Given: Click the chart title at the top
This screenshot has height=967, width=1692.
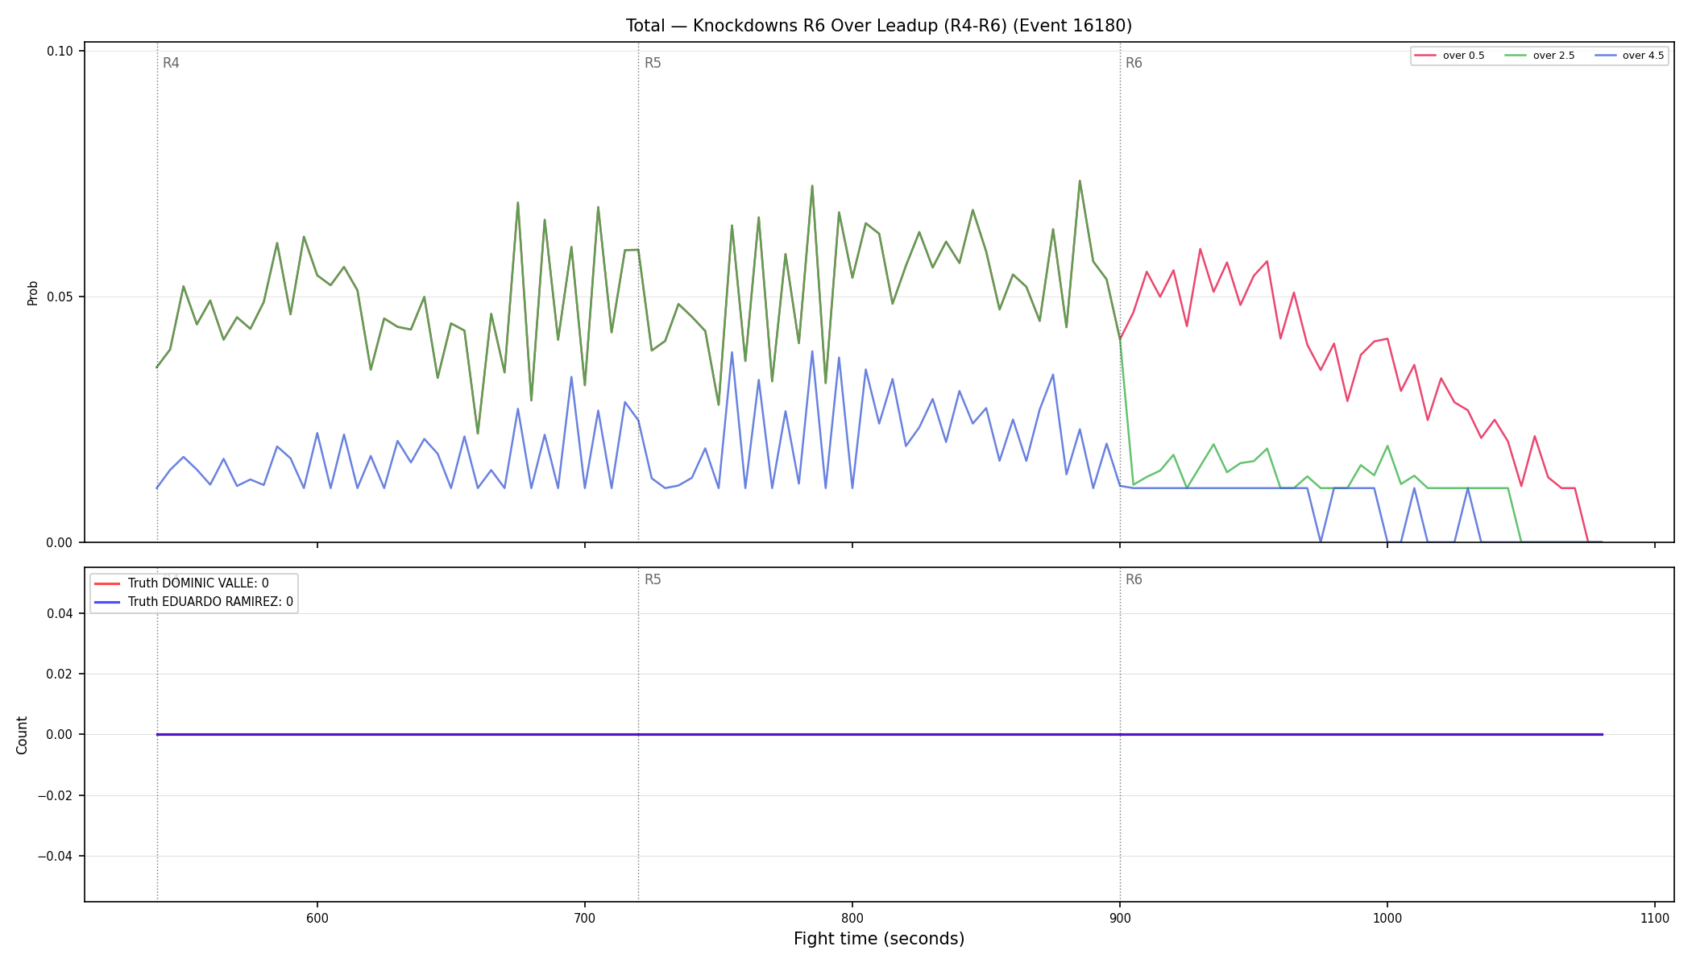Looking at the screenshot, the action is [879, 26].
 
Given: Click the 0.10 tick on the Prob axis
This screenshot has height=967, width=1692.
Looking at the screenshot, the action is [60, 52].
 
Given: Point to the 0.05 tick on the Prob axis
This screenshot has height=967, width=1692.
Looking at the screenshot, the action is [60, 297].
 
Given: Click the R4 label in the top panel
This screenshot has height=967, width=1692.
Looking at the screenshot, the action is [171, 63].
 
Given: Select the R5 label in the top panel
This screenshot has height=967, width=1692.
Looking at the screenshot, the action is [653, 63].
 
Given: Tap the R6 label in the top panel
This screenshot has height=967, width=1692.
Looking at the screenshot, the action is [1134, 63].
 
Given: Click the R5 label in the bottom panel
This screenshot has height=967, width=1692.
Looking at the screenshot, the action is [653, 579].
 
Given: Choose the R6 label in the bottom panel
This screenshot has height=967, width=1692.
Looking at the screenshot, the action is [1134, 579].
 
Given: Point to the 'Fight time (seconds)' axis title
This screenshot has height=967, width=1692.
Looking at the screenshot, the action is [879, 939].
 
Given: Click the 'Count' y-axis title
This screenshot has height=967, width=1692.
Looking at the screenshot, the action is [22, 735].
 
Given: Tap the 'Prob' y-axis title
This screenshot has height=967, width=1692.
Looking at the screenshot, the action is [33, 293].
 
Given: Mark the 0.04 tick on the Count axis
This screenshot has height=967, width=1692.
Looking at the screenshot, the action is [60, 613].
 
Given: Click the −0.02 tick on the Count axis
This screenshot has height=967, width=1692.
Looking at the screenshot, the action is [56, 795].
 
